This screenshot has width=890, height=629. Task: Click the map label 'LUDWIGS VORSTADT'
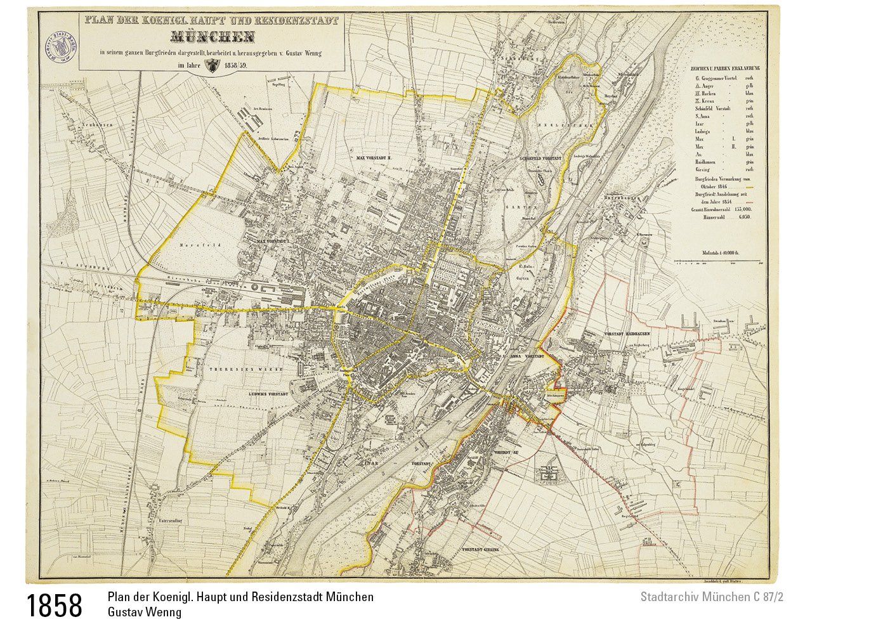[265, 394]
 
